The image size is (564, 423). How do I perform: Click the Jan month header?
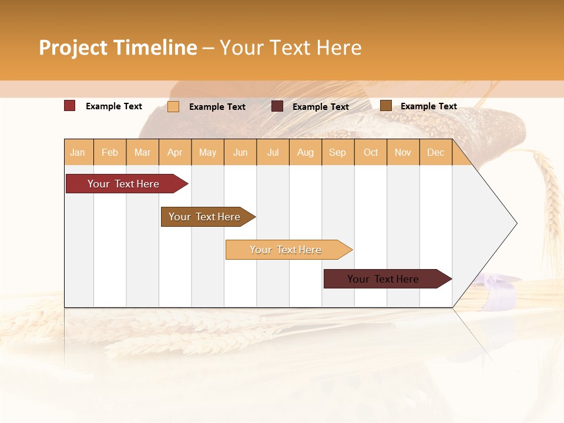[78, 152]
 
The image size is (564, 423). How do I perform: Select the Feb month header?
[110, 152]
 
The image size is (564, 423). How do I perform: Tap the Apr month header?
[174, 152]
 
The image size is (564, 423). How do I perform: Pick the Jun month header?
[240, 152]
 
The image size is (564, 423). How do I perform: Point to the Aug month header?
[305, 152]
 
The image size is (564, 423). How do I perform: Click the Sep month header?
[337, 152]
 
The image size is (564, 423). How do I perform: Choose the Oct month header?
[371, 152]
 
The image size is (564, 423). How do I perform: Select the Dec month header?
[435, 152]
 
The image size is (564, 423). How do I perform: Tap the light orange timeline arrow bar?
[286, 250]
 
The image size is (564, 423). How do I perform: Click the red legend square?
[70, 106]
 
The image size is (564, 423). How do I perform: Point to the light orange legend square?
[173, 106]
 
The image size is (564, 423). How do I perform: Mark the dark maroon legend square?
[277, 106]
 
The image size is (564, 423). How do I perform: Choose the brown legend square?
[385, 106]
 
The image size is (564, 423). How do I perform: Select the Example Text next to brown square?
[428, 106]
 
